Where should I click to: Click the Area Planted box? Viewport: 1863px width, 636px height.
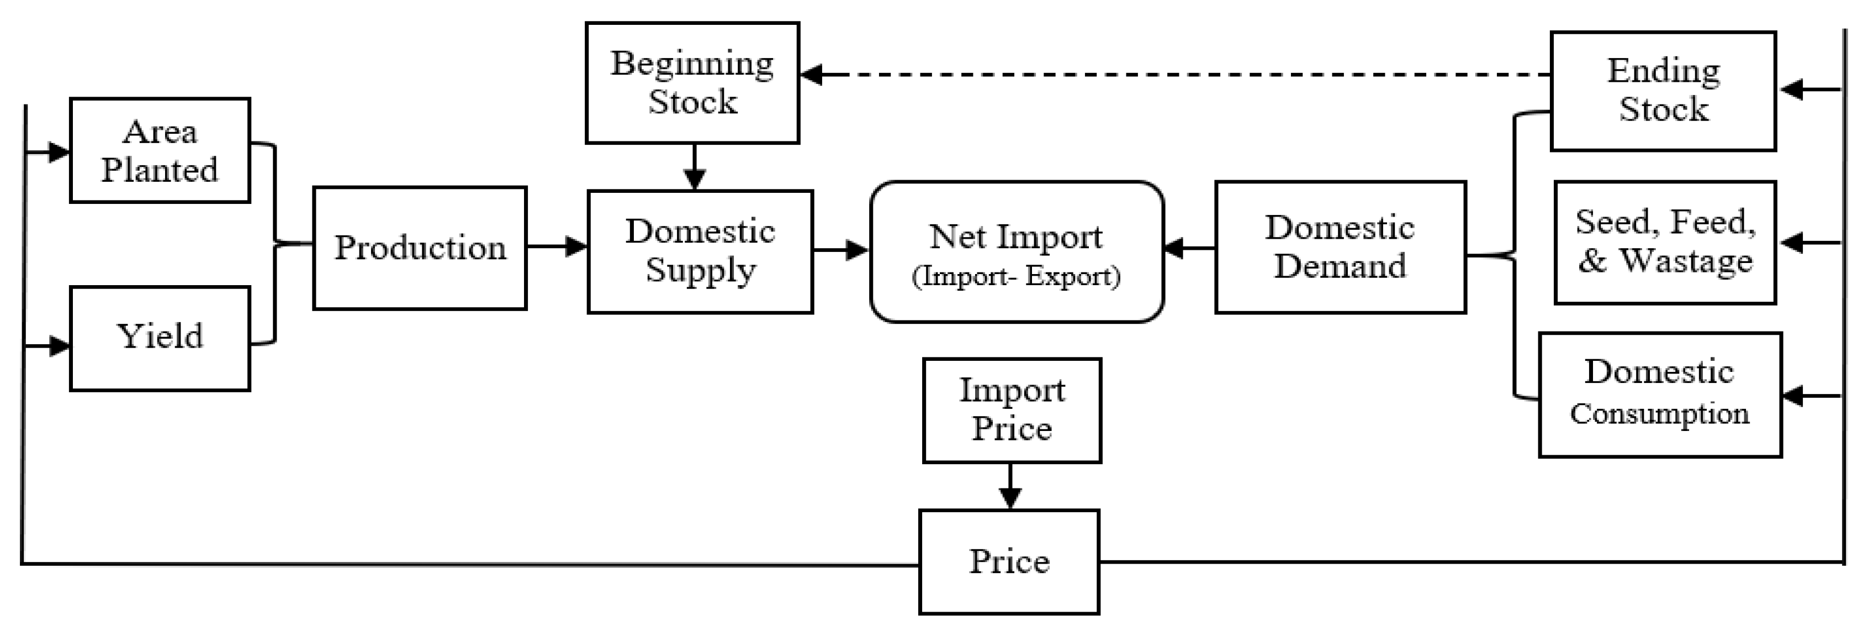click(x=160, y=150)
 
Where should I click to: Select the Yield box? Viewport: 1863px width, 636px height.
click(x=160, y=338)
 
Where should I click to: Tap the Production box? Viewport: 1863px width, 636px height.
click(x=420, y=248)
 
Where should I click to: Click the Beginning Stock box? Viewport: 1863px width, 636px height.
click(x=692, y=82)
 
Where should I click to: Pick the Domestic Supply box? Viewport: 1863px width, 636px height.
click(x=700, y=251)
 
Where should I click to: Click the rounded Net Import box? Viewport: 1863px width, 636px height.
click(x=1016, y=251)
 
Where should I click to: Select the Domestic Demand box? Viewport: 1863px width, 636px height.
click(x=1340, y=247)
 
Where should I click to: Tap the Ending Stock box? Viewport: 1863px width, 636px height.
click(x=1663, y=91)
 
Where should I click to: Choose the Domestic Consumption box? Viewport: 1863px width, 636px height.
click(x=1660, y=395)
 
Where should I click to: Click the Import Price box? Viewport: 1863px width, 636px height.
click(x=1012, y=410)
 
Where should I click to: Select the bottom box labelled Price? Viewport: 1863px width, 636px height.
click(x=1009, y=561)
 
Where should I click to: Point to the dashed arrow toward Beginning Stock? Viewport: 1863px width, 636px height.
click(x=1157, y=74)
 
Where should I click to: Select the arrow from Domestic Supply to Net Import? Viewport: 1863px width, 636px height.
click(x=840, y=250)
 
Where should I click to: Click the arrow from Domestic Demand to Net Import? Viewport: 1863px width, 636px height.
click(x=1190, y=248)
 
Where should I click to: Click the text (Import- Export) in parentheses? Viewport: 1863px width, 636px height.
click(x=1016, y=276)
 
